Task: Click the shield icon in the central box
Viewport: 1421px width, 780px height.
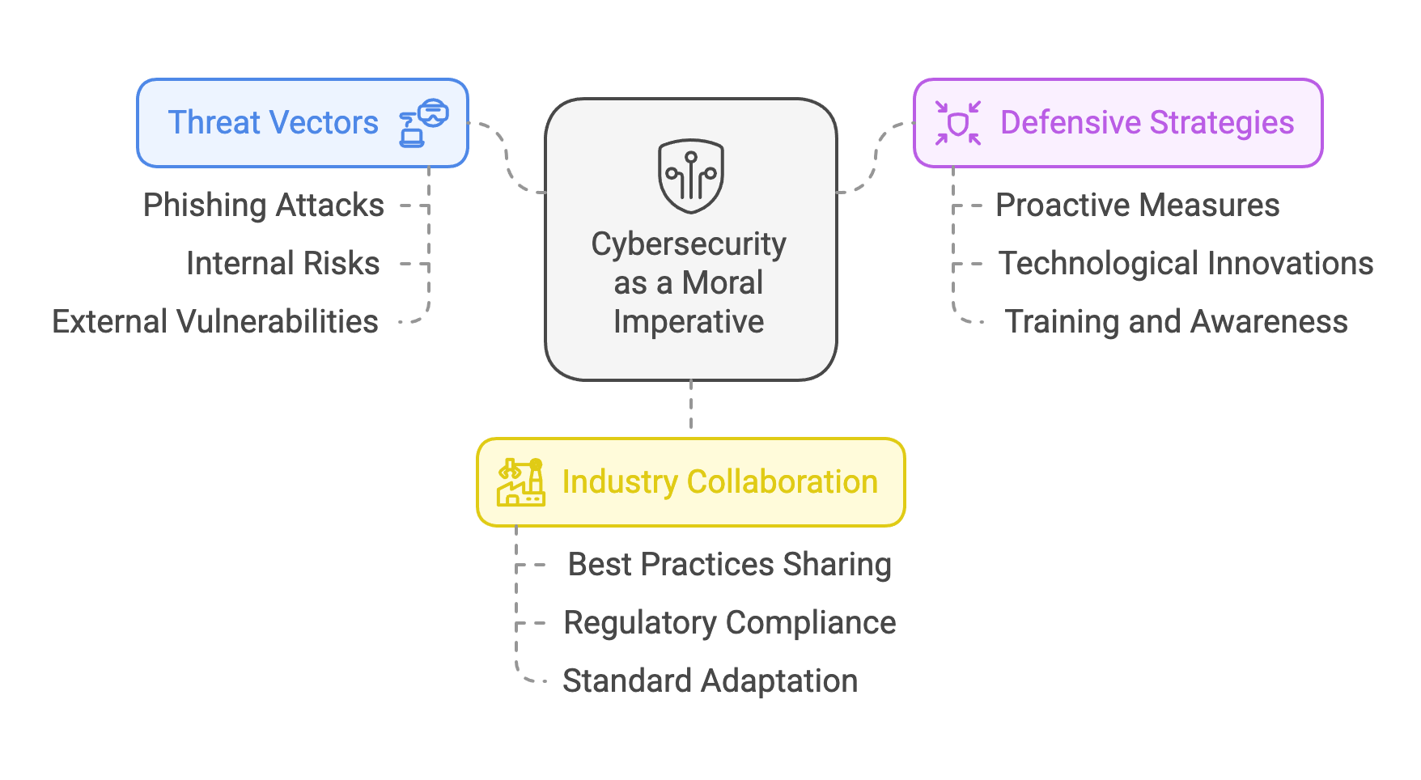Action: coord(690,176)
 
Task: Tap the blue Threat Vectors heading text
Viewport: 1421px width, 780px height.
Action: coord(274,123)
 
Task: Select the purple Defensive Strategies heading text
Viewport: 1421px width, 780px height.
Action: coord(1147,123)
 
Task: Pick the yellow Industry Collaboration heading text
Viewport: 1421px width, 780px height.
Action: coord(720,482)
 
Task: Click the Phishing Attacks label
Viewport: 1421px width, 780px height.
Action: coord(264,206)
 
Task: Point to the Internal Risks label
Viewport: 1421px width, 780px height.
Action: coord(283,264)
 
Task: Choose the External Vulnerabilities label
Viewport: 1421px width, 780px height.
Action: coord(215,322)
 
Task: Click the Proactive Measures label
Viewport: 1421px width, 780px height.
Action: coord(1138,206)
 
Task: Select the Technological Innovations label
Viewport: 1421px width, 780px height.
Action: coord(1186,264)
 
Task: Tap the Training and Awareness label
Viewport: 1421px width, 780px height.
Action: coord(1177,322)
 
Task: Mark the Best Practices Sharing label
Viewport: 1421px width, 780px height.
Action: coord(730,565)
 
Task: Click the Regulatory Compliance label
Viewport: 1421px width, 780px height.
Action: coord(730,623)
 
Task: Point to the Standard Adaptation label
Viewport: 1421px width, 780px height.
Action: coord(710,681)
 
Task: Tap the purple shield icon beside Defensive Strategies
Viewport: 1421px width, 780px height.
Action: coord(958,123)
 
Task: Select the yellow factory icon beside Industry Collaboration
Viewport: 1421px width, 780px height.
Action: coord(520,482)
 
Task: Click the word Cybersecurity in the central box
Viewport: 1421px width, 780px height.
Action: coord(689,244)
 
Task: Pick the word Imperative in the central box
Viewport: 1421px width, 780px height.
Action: coord(689,322)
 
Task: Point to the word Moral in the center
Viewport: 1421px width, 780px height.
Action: coord(723,283)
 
